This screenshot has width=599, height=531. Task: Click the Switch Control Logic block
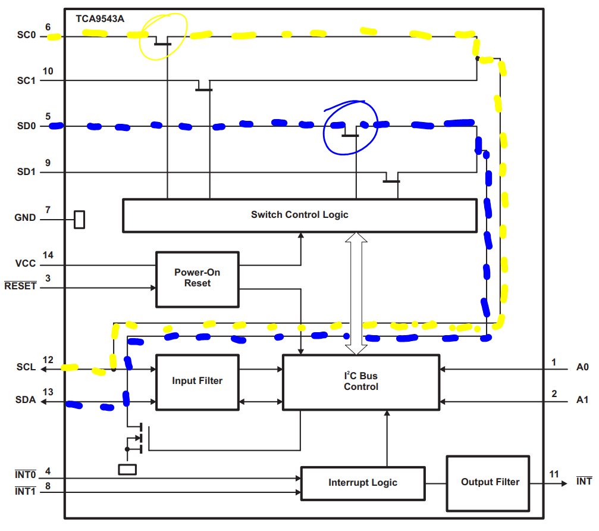pyautogui.click(x=299, y=215)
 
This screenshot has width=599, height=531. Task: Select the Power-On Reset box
pyautogui.click(x=197, y=279)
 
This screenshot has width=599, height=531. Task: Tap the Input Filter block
pyautogui.click(x=197, y=381)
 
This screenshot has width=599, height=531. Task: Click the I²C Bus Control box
pyautogui.click(x=360, y=382)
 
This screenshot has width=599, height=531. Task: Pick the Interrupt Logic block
pyautogui.click(x=363, y=483)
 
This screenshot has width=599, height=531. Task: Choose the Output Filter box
pyautogui.click(x=490, y=482)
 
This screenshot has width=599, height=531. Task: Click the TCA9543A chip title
pyautogui.click(x=100, y=18)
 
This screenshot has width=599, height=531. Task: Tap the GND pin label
pyautogui.click(x=25, y=218)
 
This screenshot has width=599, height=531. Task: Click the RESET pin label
pyautogui.click(x=20, y=286)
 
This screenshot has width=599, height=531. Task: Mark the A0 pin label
pyautogui.click(x=582, y=368)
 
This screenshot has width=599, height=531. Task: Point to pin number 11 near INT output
pyautogui.click(x=554, y=474)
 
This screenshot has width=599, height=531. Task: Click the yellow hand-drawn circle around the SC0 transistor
pyautogui.click(x=163, y=36)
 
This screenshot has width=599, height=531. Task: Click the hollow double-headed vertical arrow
pyautogui.click(x=356, y=293)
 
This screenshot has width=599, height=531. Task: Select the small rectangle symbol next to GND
pyautogui.click(x=79, y=219)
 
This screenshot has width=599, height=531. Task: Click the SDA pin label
pyautogui.click(x=26, y=401)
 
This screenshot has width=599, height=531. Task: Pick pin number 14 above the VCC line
pyautogui.click(x=48, y=255)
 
